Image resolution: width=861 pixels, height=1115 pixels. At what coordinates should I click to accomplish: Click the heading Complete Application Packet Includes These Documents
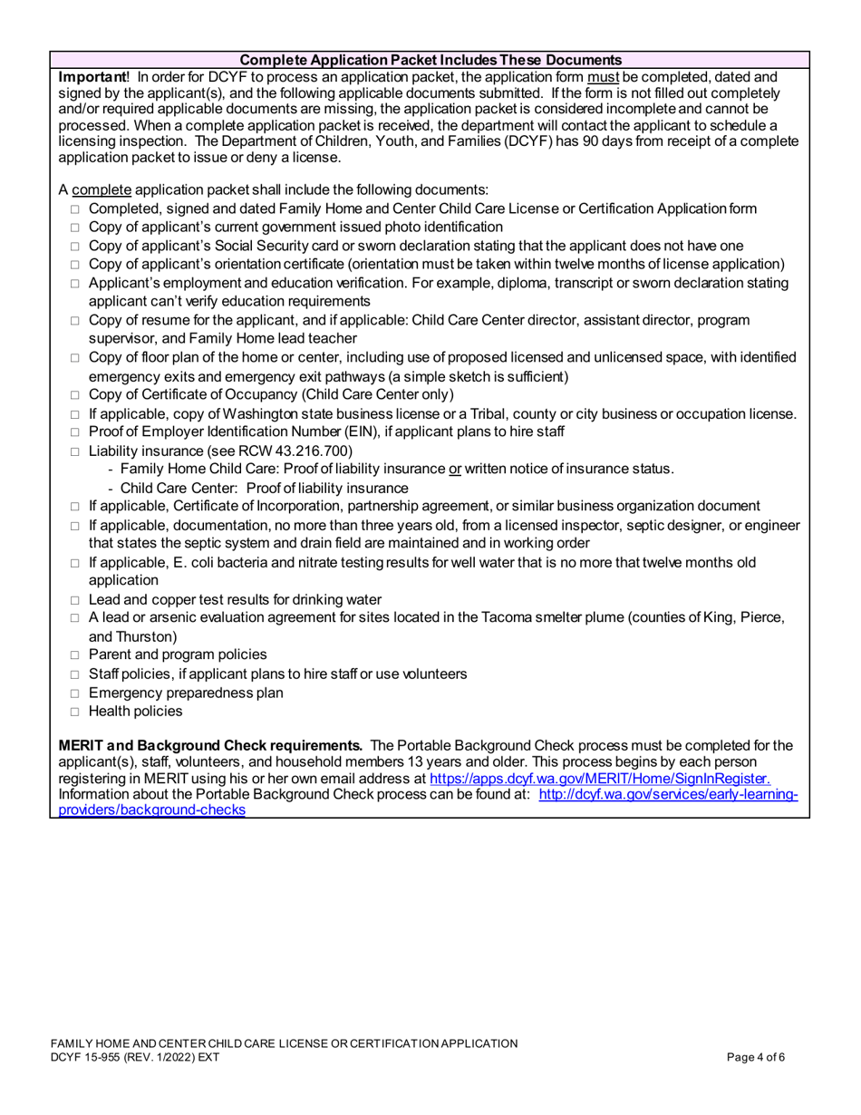coord(430,60)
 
